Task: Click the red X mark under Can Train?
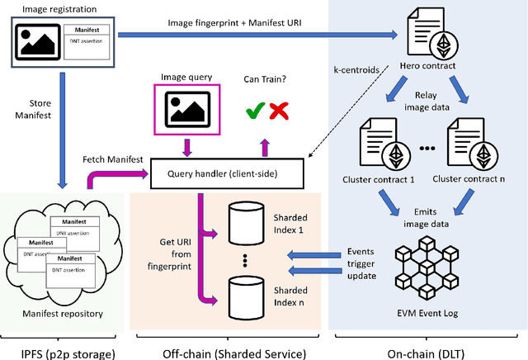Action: pyautogui.click(x=280, y=109)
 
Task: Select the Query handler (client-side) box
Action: pyautogui.click(x=227, y=174)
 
